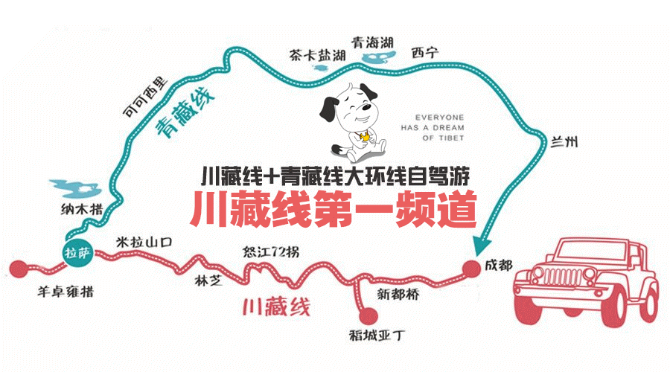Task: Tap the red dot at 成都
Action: (470, 269)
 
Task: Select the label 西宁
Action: (425, 53)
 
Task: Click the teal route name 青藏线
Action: (184, 115)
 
